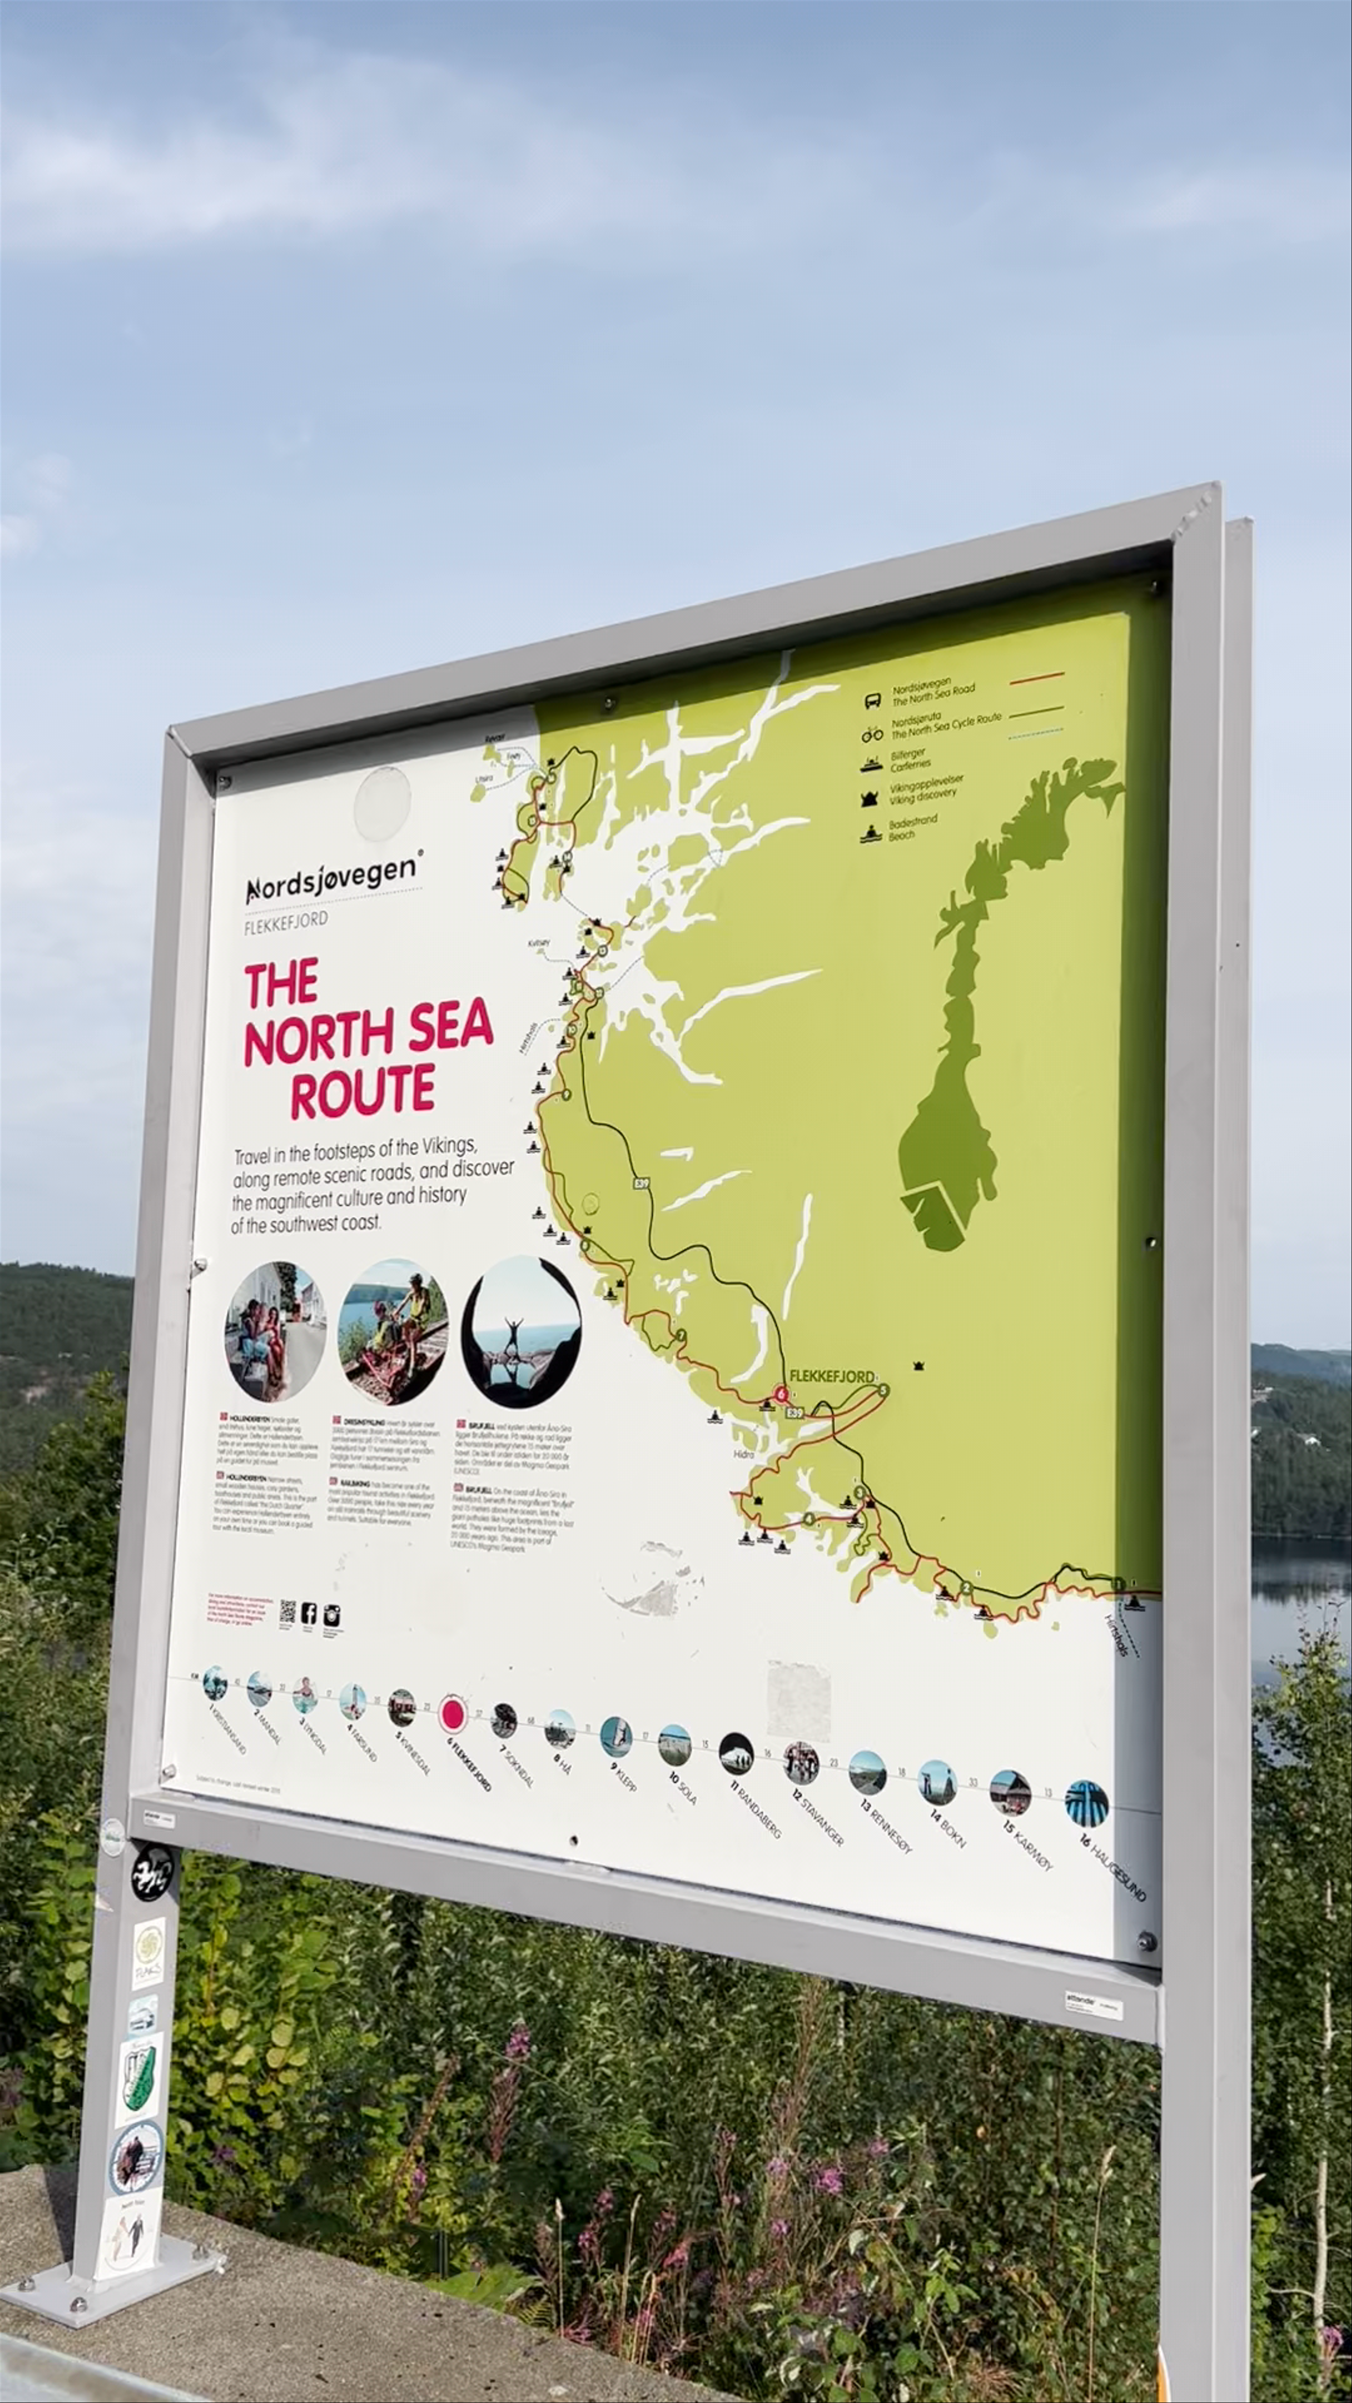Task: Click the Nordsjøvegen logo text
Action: (331, 877)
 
